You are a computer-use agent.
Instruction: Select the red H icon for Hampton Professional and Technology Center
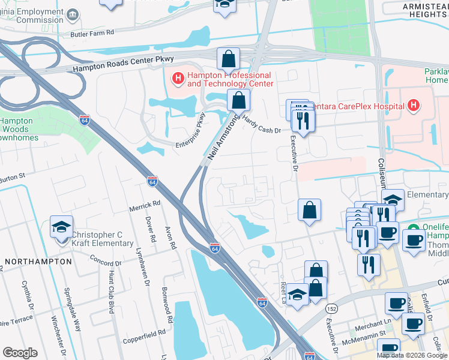point(178,78)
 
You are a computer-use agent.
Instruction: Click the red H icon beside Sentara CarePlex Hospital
point(413,106)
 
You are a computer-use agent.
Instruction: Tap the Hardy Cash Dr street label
point(262,127)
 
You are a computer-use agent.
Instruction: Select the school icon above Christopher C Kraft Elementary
point(61,227)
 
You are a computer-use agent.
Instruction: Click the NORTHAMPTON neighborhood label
point(34,262)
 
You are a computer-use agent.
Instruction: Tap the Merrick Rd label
point(145,204)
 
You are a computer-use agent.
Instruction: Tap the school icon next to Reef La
point(297,294)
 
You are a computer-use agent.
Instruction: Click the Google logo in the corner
point(20,353)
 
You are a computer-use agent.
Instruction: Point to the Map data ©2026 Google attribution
point(412,355)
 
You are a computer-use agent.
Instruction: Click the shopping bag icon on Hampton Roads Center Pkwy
point(228,59)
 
